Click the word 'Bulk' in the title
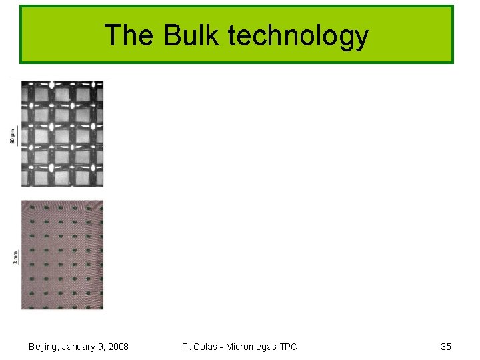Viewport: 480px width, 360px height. click(x=191, y=35)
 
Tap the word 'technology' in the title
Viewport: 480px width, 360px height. click(x=298, y=37)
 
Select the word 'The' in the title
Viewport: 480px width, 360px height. click(x=129, y=35)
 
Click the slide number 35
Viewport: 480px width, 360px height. click(x=446, y=347)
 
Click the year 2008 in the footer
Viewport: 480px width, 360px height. click(x=117, y=347)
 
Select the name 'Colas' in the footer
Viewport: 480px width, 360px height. click(x=206, y=347)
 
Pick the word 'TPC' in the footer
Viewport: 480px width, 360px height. click(x=288, y=347)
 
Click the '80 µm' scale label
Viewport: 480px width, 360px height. click(x=13, y=137)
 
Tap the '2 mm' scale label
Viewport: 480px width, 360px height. click(x=15, y=255)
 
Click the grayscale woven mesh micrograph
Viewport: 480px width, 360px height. click(x=62, y=133)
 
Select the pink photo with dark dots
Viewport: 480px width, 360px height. click(x=62, y=255)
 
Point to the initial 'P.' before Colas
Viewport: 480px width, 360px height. click(x=185, y=347)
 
